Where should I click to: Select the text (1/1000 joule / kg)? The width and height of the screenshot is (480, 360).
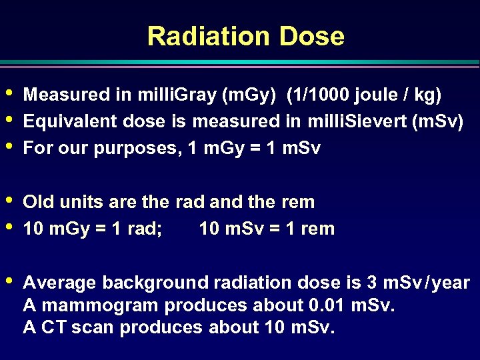[364, 95]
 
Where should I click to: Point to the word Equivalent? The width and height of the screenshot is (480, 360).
[65, 122]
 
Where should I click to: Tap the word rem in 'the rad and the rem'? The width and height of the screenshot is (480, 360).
[299, 202]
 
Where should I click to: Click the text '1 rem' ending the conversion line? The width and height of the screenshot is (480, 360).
[310, 229]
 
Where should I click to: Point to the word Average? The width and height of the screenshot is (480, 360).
[59, 283]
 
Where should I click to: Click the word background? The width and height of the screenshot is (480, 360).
[155, 283]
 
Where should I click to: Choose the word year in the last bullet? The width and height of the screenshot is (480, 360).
[451, 283]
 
